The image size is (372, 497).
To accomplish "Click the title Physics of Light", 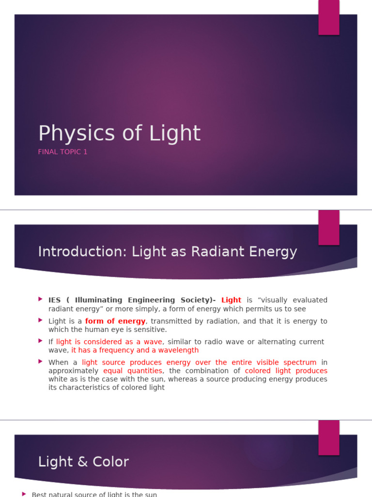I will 119,133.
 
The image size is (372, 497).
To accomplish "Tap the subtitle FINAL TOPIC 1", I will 62,152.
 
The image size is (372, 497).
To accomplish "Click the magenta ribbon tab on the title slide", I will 328,17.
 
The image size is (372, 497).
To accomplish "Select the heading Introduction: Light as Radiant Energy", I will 167,252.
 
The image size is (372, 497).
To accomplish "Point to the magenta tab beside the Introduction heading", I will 328,228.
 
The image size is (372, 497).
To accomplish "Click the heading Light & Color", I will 83,462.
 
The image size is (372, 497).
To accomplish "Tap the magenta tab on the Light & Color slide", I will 328,437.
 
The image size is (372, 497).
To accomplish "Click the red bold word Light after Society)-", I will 231,300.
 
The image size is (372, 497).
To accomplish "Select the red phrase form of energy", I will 115,321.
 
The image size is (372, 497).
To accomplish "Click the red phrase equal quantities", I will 132,371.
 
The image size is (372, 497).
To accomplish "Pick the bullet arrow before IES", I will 40,299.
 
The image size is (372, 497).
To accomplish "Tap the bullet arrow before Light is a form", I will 40,321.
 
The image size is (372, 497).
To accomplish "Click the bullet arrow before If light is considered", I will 40,341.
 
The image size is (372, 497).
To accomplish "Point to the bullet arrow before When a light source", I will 40,362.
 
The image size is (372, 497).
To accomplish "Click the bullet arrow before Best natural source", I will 24,494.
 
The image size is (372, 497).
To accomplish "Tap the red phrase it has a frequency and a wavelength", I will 135,350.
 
